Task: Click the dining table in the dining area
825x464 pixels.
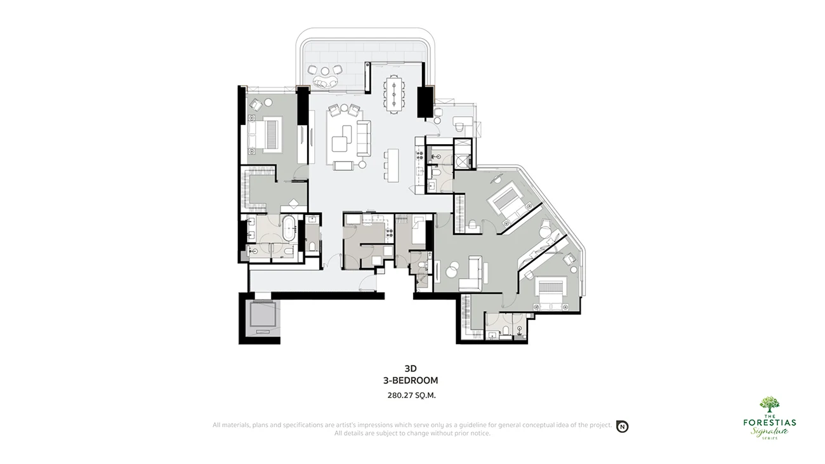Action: coord(393,94)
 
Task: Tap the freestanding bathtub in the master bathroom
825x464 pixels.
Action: coord(288,229)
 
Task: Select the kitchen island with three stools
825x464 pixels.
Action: coord(393,165)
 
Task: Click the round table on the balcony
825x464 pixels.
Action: coord(325,70)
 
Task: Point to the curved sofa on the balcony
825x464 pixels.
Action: coord(325,82)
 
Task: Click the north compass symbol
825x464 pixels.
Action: coord(623,427)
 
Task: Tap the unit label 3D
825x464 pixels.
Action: coord(411,368)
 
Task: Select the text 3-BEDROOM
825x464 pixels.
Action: coord(411,380)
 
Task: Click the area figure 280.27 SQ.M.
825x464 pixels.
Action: coord(411,395)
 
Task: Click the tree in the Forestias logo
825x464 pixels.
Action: coord(769,404)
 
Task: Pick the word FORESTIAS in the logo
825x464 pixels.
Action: coord(769,422)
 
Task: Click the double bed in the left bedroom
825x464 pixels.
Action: coord(265,135)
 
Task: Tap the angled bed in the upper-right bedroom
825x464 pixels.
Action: coord(508,203)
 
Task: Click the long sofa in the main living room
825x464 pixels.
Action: coord(364,138)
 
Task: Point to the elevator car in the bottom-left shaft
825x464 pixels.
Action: coord(263,314)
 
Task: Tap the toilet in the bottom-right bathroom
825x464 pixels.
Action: coord(506,330)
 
